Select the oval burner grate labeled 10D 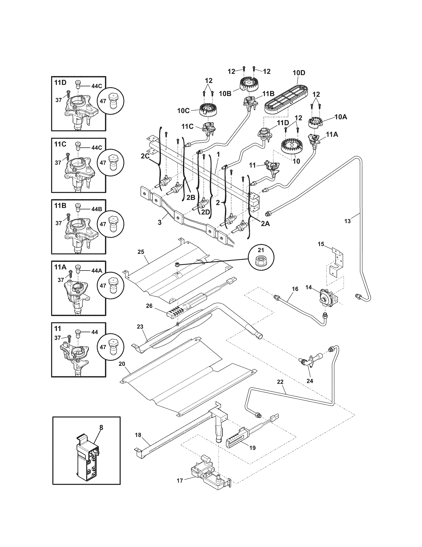(x=285, y=97)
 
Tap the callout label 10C (x=183, y=110)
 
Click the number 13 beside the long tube (x=348, y=221)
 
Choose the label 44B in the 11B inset (x=97, y=209)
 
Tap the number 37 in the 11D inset (x=58, y=100)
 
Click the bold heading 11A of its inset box (x=60, y=267)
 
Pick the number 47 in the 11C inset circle (x=103, y=162)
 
